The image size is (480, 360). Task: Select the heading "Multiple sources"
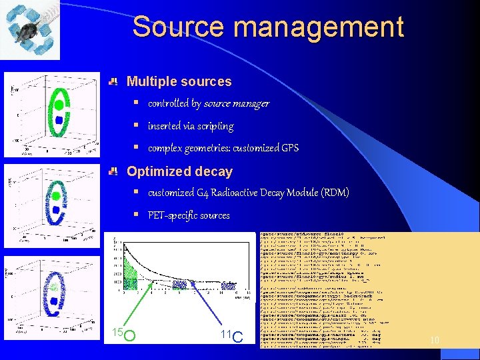[179, 82]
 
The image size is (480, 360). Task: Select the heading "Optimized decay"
[179, 172]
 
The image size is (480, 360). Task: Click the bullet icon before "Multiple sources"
[114, 82]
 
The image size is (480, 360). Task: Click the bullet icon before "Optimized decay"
[114, 172]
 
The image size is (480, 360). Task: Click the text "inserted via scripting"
[190, 126]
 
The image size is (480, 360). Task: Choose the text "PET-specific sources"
[189, 215]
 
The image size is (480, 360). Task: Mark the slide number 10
[435, 341]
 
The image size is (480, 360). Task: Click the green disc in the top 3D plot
[59, 105]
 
